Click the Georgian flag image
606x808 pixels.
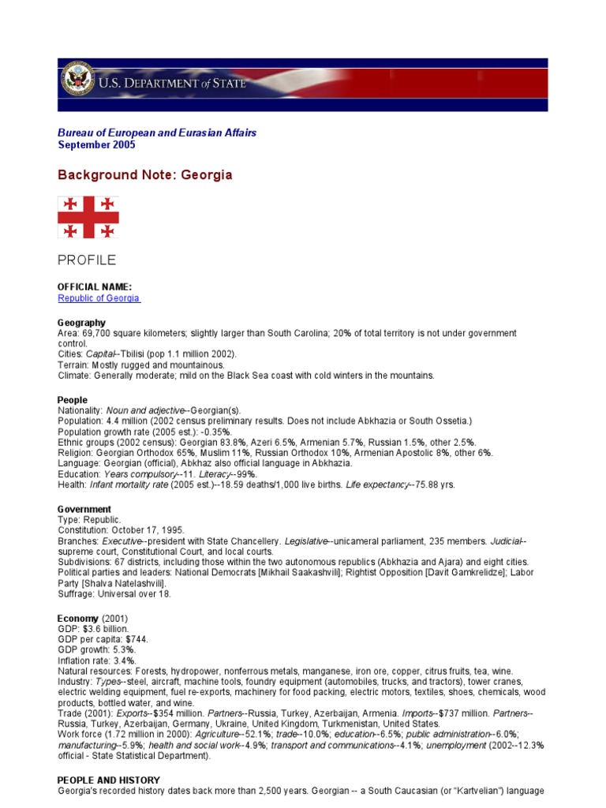click(88, 217)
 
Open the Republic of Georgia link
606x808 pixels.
click(99, 298)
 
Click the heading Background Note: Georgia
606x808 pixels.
click(145, 174)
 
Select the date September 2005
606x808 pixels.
click(96, 145)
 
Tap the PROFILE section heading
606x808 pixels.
click(87, 260)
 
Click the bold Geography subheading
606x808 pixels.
click(81, 323)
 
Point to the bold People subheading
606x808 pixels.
click(73, 400)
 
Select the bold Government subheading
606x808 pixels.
click(84, 509)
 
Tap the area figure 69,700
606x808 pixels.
click(97, 334)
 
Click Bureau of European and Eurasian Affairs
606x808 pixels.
click(157, 133)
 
